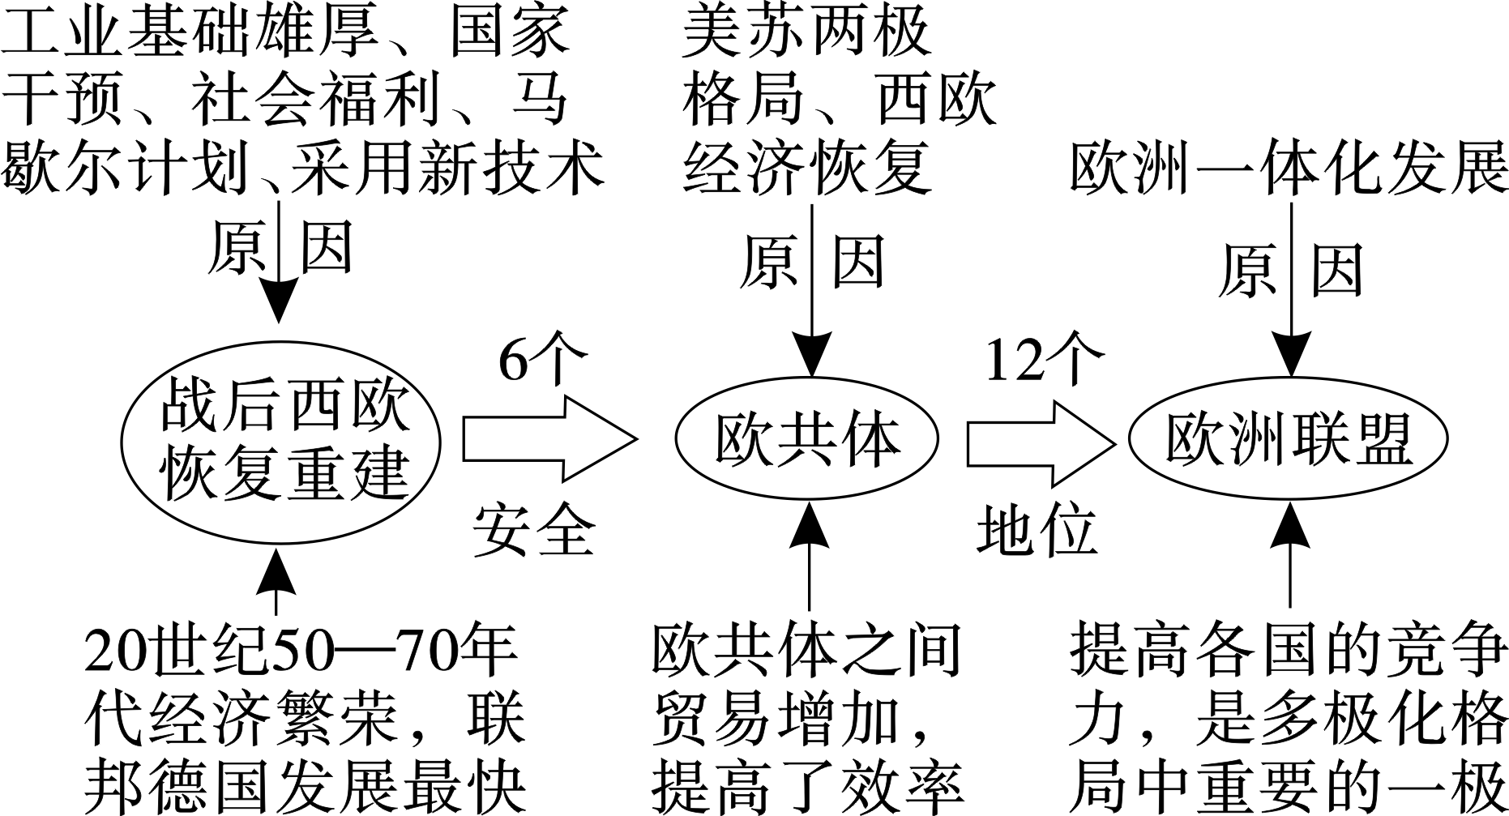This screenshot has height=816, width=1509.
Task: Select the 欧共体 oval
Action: pos(806,439)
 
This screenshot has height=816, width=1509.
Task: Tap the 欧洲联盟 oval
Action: pos(1289,439)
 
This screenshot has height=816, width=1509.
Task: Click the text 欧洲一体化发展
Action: pos(1289,171)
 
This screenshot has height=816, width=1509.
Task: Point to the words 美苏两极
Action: pos(806,34)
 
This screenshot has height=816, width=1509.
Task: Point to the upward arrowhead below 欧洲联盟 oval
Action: pos(1289,527)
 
